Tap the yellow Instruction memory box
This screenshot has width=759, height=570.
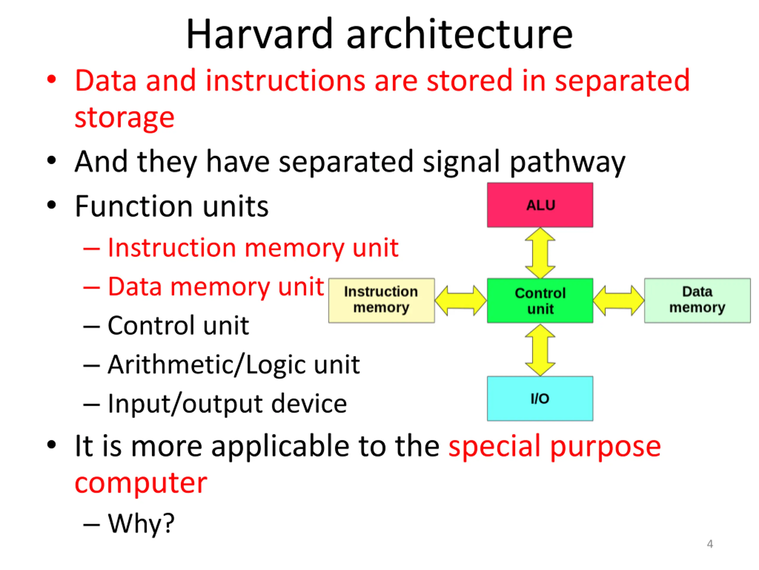[x=382, y=300]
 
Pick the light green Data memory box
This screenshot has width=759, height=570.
[x=697, y=300]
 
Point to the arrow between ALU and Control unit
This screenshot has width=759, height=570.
[x=540, y=253]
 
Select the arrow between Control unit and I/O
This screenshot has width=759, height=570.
[x=540, y=350]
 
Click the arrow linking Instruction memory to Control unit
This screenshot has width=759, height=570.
[x=461, y=300]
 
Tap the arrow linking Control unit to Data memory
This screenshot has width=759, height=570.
[x=619, y=300]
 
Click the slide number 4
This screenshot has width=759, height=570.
[x=710, y=544]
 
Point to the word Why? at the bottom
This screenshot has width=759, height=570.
[x=141, y=524]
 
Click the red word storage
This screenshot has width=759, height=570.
[x=125, y=117]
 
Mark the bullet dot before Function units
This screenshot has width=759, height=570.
[x=52, y=205]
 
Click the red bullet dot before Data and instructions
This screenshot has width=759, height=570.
[x=52, y=80]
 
